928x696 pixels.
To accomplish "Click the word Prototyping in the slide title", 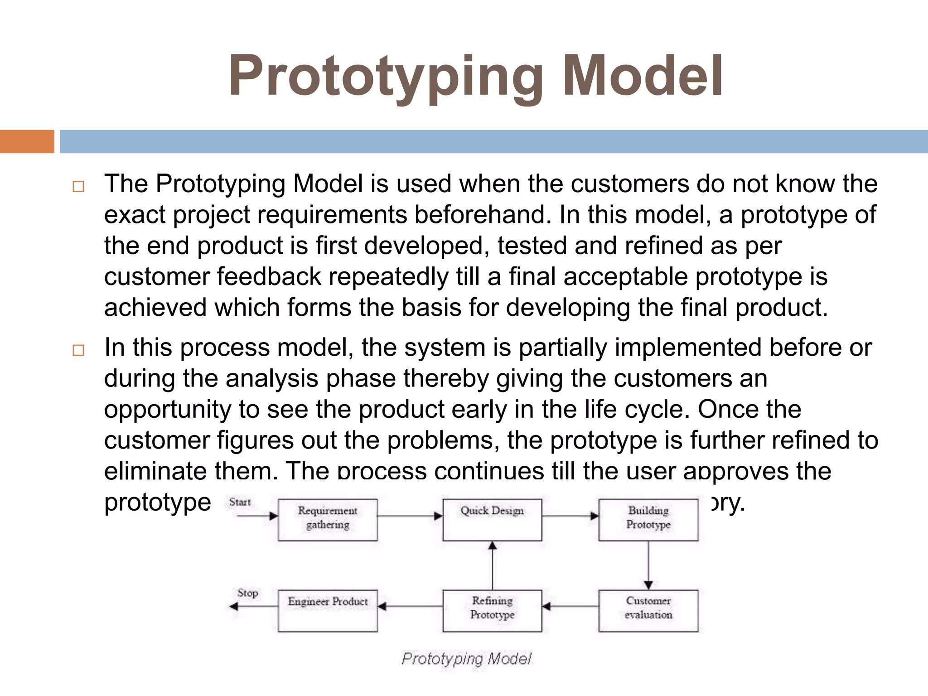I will click(x=386, y=77).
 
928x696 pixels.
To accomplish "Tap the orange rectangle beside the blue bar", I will click(x=27, y=141).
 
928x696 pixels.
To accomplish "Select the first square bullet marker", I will click(x=78, y=187).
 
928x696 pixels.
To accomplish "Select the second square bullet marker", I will click(x=78, y=350).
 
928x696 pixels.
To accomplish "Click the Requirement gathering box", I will click(x=328, y=520).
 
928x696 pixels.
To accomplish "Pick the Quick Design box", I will click(x=492, y=520).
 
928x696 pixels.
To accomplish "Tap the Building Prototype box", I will click(x=648, y=520).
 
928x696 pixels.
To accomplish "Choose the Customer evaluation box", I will click(x=648, y=610).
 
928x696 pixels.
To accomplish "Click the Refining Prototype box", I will click(x=492, y=610).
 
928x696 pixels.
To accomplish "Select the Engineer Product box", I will click(x=328, y=610).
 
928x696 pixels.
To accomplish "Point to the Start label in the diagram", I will click(x=240, y=502).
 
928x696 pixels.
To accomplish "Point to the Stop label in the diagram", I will click(x=247, y=593).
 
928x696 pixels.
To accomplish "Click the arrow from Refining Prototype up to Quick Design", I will click(x=493, y=566).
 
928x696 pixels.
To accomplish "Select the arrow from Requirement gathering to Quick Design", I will click(x=410, y=516).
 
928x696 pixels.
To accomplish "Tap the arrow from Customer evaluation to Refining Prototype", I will click(x=570, y=606).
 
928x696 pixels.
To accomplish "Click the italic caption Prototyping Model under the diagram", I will click(x=466, y=658).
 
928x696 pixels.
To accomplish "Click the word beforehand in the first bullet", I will click(x=483, y=215).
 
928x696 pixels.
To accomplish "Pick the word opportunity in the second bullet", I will click(x=168, y=410).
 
